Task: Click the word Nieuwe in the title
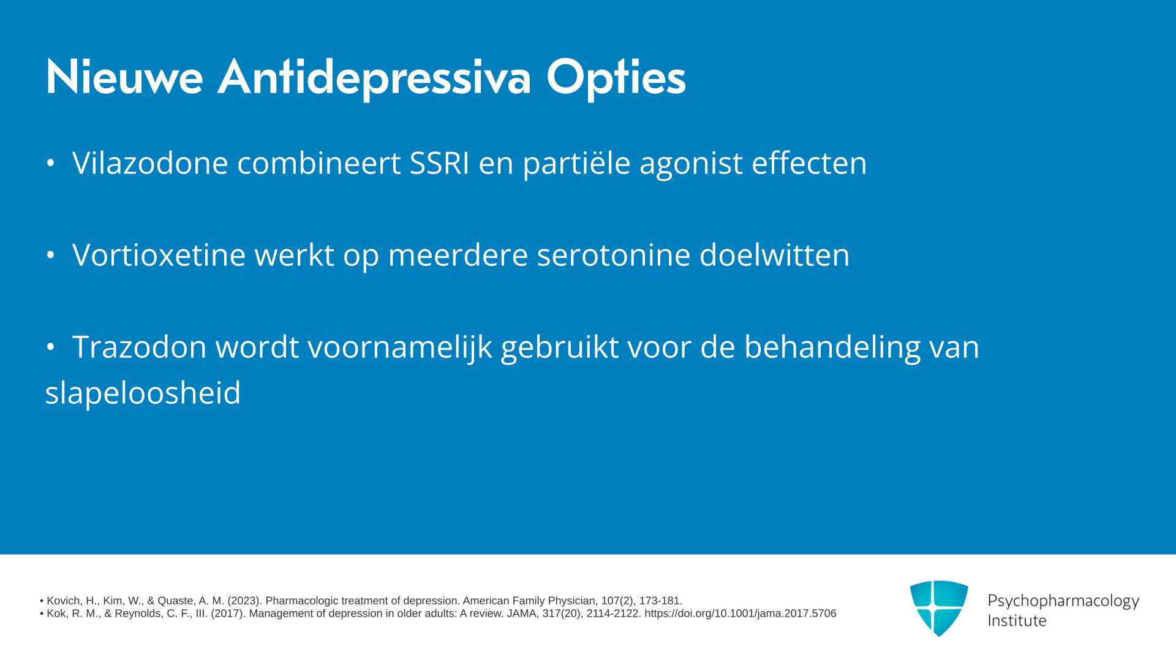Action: pyautogui.click(x=124, y=77)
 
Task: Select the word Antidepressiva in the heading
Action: pyautogui.click(x=374, y=77)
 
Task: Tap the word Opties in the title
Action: pyautogui.click(x=616, y=78)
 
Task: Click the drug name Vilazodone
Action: pyautogui.click(x=150, y=163)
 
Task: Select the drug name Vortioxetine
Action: pyautogui.click(x=159, y=255)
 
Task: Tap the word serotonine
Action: pyautogui.click(x=614, y=255)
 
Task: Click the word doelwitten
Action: pyautogui.click(x=775, y=255)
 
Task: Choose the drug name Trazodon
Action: pyautogui.click(x=140, y=347)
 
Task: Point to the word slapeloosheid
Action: pyautogui.click(x=143, y=394)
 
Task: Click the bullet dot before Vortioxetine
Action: pyautogui.click(x=51, y=255)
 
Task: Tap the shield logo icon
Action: pyautogui.click(x=939, y=608)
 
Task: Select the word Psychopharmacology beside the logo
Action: pyautogui.click(x=1063, y=601)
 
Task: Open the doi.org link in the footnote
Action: pyautogui.click(x=740, y=614)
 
